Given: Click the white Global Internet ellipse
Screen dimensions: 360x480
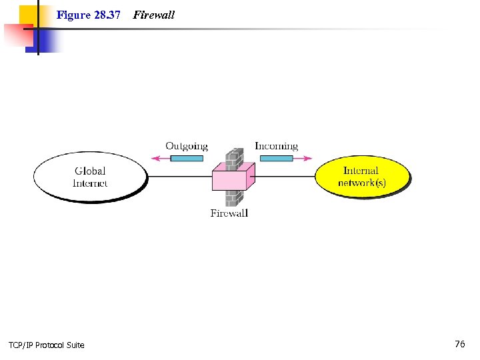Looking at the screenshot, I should (89, 176).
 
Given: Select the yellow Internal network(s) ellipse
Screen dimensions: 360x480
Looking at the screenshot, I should (361, 176).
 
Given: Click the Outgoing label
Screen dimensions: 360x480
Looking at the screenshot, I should (187, 146).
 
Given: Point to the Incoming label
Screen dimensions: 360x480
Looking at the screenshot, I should (276, 146).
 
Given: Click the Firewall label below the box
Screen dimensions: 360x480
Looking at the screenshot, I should (229, 213).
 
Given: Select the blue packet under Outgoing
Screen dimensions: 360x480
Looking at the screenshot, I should (187, 159).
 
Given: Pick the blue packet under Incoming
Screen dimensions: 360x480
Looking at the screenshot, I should (276, 159).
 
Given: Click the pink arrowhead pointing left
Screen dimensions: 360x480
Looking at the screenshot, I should (156, 159).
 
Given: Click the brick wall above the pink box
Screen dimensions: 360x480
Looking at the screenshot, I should (233, 157).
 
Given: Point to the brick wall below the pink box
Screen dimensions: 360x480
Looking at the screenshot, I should (233, 198).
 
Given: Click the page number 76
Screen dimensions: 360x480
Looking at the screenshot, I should (460, 344).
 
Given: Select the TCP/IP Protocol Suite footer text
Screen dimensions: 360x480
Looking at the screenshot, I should (47, 345).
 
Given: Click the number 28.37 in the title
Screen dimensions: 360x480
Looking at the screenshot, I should (107, 15).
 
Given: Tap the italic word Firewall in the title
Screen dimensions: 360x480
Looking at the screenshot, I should (154, 15).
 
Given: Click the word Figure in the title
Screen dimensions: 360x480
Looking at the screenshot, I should (73, 15).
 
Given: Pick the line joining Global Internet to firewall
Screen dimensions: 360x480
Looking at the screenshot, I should (179, 177).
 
